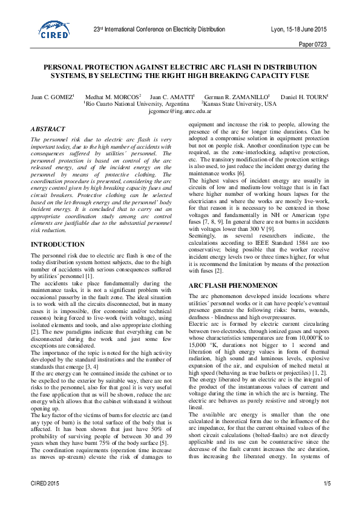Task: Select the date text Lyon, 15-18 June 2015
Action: (299, 29)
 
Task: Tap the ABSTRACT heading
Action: (48, 129)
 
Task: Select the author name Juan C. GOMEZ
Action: (52, 97)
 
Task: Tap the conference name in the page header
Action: (159, 29)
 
